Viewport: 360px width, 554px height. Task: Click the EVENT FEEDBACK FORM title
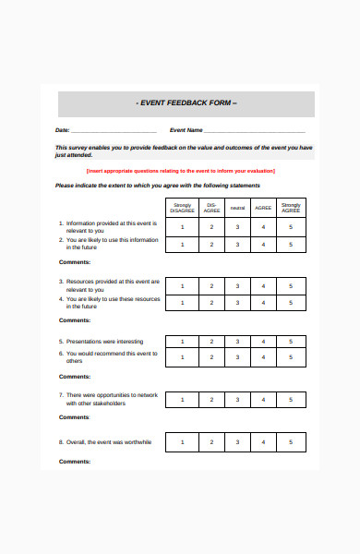coord(186,103)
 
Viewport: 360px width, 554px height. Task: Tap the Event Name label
coord(186,130)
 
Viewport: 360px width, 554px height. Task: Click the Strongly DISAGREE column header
coord(183,207)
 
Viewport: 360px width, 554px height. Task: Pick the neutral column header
coord(237,207)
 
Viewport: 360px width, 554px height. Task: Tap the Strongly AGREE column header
coord(291,207)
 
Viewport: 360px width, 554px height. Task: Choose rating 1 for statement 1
coord(183,226)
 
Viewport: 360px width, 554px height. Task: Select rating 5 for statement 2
coord(291,244)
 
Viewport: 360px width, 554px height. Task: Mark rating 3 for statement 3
coord(237,285)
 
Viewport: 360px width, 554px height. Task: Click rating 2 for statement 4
coord(210,302)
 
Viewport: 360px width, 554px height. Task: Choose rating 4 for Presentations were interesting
coord(264,342)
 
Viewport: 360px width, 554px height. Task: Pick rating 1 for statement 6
coord(183,356)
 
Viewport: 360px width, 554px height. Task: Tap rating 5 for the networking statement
coord(291,399)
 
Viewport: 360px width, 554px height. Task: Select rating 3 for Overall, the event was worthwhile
coord(237,442)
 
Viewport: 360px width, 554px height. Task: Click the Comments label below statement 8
coord(75,462)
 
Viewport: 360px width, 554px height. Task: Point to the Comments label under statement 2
coord(75,263)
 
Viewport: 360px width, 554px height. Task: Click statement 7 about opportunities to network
coord(109,399)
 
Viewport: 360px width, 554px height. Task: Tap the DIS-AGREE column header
coord(210,207)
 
